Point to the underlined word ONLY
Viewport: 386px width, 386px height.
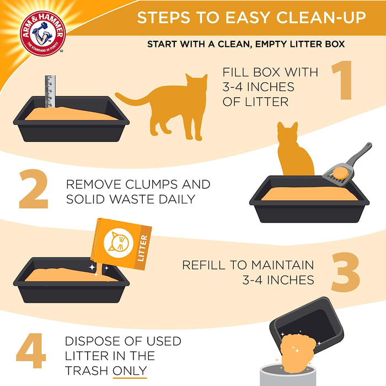[130, 370]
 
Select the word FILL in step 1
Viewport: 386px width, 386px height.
[238, 72]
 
